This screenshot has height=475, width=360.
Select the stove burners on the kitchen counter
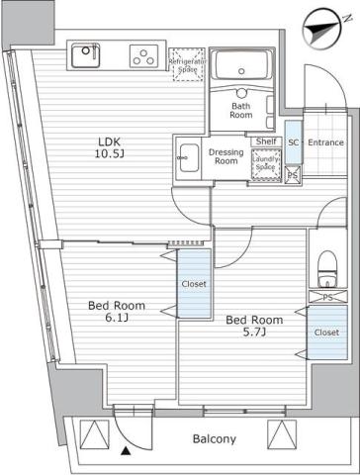click(144, 56)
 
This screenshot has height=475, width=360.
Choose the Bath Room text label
click(242, 111)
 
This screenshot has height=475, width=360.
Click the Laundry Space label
click(265, 163)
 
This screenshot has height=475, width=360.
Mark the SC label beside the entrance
click(293, 142)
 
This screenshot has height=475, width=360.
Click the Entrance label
click(325, 142)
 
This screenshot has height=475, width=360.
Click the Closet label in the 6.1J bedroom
click(194, 284)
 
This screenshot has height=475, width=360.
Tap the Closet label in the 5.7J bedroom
click(326, 333)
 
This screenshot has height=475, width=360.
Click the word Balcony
click(214, 438)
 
